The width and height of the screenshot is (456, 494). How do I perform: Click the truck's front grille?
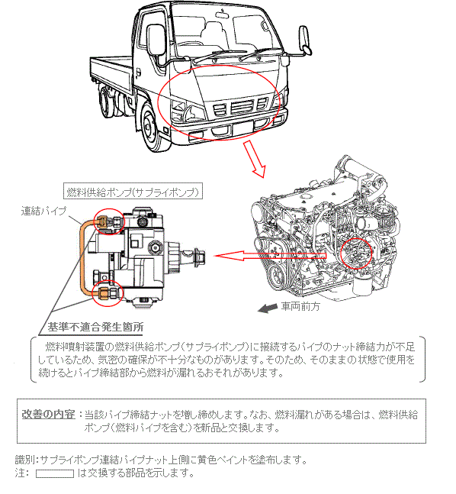pyautogui.click(x=241, y=106)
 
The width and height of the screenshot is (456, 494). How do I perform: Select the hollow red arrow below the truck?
pyautogui.click(x=254, y=159)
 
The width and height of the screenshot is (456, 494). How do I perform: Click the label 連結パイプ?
pyautogui.click(x=43, y=211)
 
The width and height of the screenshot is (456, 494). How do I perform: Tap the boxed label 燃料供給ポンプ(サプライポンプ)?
pyautogui.click(x=133, y=192)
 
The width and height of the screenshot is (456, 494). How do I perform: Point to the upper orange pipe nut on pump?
pyautogui.click(x=102, y=221)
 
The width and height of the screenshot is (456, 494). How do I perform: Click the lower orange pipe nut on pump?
pyautogui.click(x=104, y=293)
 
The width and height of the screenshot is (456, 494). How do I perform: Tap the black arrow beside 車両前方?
pyautogui.click(x=268, y=308)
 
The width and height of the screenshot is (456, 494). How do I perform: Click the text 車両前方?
pyautogui.click(x=300, y=306)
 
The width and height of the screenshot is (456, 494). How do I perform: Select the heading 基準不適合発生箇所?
pyautogui.click(x=95, y=327)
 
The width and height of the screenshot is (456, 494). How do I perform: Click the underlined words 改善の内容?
pyautogui.click(x=48, y=414)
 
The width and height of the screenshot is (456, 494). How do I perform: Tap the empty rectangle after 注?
pyautogui.click(x=55, y=473)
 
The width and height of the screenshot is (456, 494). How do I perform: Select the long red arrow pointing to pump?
pyautogui.click(x=270, y=256)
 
